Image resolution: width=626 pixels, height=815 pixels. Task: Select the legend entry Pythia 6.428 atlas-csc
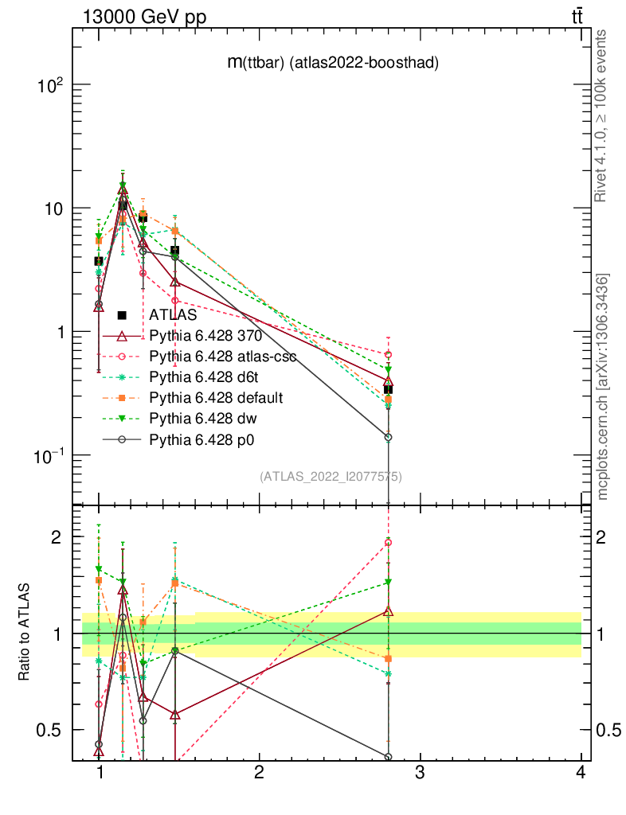[223, 356]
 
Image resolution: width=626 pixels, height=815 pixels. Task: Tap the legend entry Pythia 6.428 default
[216, 397]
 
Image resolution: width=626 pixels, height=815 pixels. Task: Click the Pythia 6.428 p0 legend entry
[201, 439]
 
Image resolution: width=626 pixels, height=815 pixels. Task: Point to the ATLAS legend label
[173, 314]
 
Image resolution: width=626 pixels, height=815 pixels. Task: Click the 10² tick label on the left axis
[49, 85]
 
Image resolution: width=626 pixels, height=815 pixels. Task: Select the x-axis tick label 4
[580, 774]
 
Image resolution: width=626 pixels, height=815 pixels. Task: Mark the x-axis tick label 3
[420, 774]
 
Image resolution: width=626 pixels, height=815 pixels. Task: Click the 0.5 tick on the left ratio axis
[49, 730]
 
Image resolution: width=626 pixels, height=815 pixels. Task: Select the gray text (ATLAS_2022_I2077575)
[331, 477]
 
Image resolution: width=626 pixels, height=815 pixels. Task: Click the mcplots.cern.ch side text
[604, 387]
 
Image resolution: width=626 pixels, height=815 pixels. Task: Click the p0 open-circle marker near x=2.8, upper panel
[388, 437]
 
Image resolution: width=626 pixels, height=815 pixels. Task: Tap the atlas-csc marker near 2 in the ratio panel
[388, 542]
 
